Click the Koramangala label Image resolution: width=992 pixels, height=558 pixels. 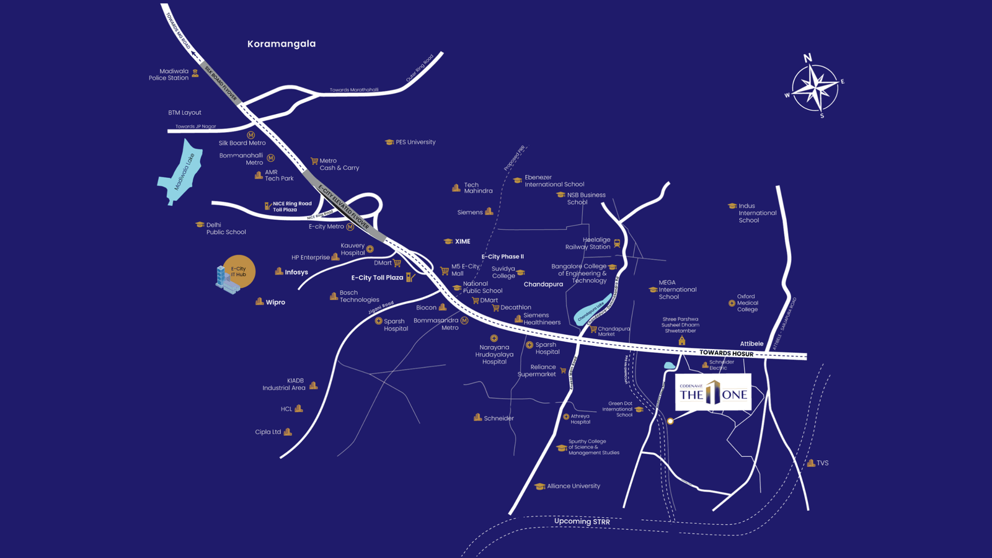pos(281,44)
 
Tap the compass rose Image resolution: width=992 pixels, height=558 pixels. pos(815,87)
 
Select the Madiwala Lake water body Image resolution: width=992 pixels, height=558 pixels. pos(180,172)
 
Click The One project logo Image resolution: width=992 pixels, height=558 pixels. pos(713,392)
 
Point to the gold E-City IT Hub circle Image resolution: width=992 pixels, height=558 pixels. pos(239,272)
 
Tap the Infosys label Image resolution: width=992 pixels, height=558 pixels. pos(296,272)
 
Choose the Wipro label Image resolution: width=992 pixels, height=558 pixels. pos(275,303)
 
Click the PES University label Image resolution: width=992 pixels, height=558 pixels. pos(415,142)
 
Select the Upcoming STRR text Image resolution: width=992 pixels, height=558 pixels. pos(582,521)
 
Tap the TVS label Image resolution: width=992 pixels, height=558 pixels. pos(822,463)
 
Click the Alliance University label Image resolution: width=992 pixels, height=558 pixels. pos(573,486)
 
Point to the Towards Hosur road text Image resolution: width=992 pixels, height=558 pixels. pos(726,353)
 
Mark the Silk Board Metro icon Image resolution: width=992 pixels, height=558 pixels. pos(251,135)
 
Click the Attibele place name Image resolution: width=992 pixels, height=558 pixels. pos(751,343)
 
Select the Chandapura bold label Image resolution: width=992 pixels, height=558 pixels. pos(543,285)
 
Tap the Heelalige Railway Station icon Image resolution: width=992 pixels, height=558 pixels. pos(617,243)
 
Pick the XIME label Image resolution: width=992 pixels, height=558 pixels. pos(463,242)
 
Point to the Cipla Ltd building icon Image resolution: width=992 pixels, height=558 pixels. pos(288,432)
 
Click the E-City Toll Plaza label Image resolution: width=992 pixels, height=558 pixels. pos(377,278)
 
